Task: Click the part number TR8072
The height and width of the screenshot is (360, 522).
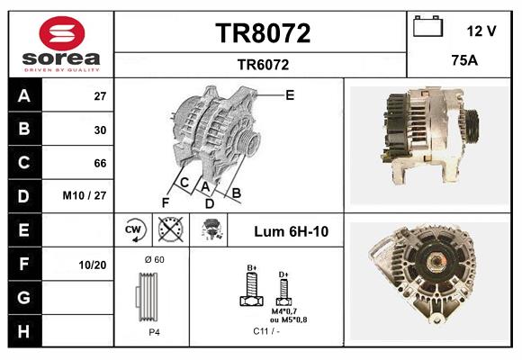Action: (x=263, y=33)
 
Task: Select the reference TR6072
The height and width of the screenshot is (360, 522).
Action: (x=263, y=64)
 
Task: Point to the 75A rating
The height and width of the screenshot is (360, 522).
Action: (x=463, y=61)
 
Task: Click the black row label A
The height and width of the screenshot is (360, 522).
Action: (x=24, y=95)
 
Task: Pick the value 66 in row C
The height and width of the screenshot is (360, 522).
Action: (x=100, y=163)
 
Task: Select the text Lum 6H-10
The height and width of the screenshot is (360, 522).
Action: (x=291, y=231)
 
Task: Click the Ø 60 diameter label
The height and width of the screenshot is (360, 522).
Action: (x=154, y=260)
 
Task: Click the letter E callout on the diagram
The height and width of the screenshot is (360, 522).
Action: (x=290, y=94)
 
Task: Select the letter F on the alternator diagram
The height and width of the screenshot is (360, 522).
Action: (x=166, y=202)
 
